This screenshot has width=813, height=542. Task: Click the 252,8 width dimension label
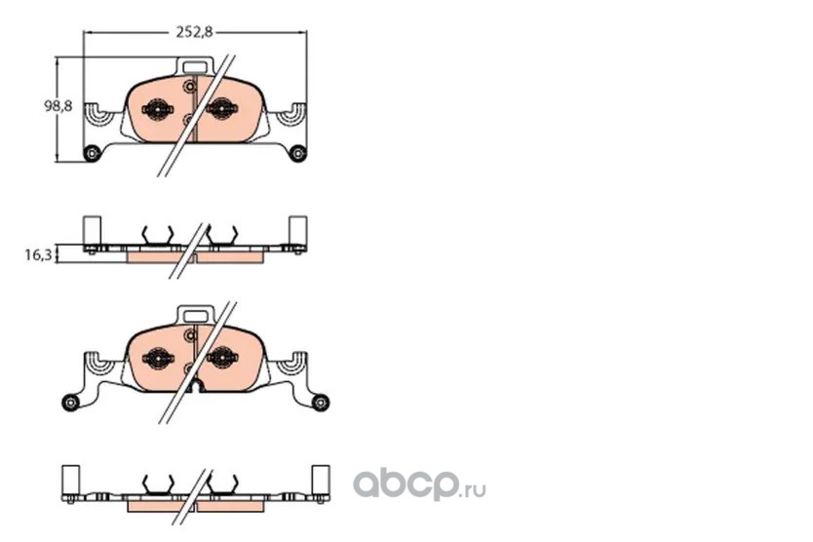pyautogui.click(x=194, y=32)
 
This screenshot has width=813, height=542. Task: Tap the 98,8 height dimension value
pyautogui.click(x=58, y=106)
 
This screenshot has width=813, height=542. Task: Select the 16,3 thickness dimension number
pyautogui.click(x=38, y=254)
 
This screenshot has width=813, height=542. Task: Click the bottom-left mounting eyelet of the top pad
pyautogui.click(x=92, y=153)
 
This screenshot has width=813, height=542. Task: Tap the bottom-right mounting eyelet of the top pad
pyautogui.click(x=297, y=153)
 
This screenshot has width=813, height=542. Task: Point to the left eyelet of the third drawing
pyautogui.click(x=70, y=402)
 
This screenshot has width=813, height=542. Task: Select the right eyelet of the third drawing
pyautogui.click(x=321, y=402)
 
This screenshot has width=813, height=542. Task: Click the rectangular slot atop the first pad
pyautogui.click(x=194, y=67)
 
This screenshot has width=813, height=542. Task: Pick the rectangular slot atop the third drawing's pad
pyautogui.click(x=196, y=315)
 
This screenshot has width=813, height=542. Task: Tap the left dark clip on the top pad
pyautogui.click(x=157, y=109)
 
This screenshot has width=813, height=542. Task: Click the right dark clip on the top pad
pyautogui.click(x=222, y=108)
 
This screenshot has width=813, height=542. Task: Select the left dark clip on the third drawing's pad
pyautogui.click(x=158, y=358)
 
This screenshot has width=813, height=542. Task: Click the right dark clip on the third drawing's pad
pyautogui.click(x=223, y=357)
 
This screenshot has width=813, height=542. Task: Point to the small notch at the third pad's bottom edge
pyautogui.click(x=196, y=386)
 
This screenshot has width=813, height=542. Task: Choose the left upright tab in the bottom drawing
pyautogui.click(x=70, y=480)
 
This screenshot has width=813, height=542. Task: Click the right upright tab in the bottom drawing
pyautogui.click(x=320, y=480)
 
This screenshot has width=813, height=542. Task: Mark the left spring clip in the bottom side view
pyautogui.click(x=158, y=484)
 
